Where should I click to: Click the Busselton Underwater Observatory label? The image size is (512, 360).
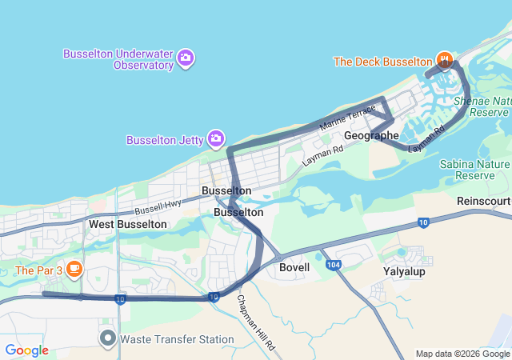coord(119,58)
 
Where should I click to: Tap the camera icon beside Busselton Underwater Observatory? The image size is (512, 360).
coord(186,57)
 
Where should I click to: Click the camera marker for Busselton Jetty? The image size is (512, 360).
coord(215,140)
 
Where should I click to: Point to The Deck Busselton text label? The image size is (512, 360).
coord(382,62)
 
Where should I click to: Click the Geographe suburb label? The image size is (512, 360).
coord(371,136)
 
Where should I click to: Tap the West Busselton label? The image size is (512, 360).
coord(128,224)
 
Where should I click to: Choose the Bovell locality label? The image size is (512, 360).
coord(294,267)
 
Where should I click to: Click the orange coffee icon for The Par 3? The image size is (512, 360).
coord(74,269)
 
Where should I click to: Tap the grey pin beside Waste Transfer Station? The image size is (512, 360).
coord(108,338)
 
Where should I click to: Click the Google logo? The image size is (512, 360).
coord(26,350)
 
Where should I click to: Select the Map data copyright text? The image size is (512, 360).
coord(462,354)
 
